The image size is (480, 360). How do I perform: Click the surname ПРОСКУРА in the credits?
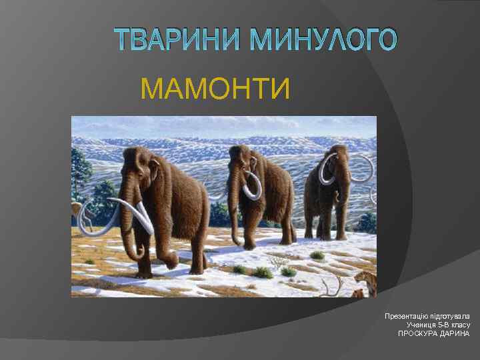tap(417, 333)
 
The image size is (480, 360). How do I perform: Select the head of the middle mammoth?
tap(241, 160)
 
